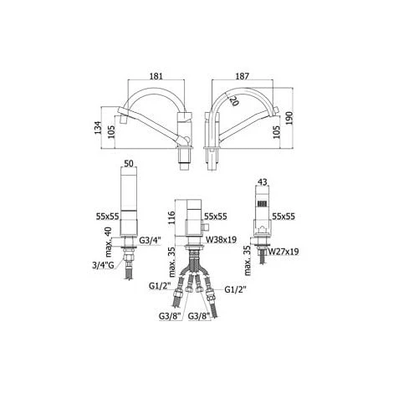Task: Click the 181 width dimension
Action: [156, 76]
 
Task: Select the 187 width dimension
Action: [242, 76]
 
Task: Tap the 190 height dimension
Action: [289, 118]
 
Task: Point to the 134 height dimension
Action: [98, 128]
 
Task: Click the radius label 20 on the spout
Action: [234, 100]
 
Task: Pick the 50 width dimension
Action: [129, 164]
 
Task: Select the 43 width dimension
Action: [263, 182]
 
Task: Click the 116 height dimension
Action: [171, 218]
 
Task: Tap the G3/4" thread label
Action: [150, 241]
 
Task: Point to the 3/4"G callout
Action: [103, 265]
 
